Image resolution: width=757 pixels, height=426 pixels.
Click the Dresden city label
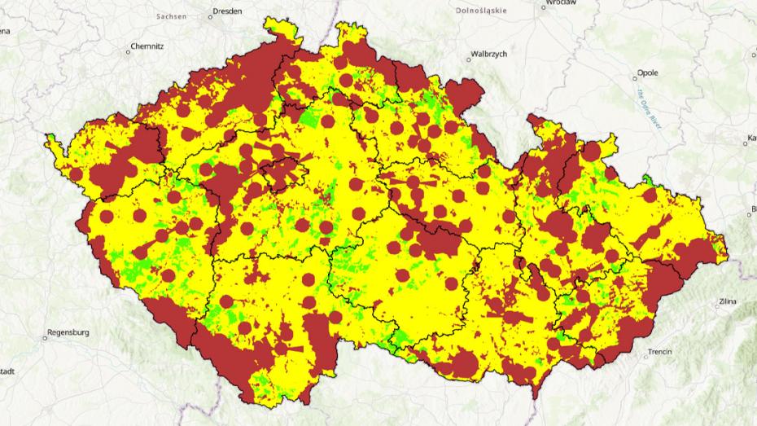pos(227,12)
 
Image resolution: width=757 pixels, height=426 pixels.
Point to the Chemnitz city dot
pos(128,51)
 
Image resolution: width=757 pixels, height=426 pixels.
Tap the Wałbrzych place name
pos(488,54)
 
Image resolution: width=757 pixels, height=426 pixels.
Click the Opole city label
pos(648,72)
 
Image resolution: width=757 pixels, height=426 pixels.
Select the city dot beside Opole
pos(635,79)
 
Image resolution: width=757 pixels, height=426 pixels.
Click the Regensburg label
pos(68,332)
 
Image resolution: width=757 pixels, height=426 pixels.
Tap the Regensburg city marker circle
pos(45,337)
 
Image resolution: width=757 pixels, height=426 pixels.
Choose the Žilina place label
pos(728,301)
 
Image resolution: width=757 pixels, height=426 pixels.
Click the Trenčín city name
pos(659,352)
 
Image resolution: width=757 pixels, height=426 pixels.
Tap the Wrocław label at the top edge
pos(562,3)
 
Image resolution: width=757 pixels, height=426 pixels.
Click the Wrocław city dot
pos(543,7)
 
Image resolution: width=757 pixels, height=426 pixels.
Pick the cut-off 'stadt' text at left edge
pos(7,370)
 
